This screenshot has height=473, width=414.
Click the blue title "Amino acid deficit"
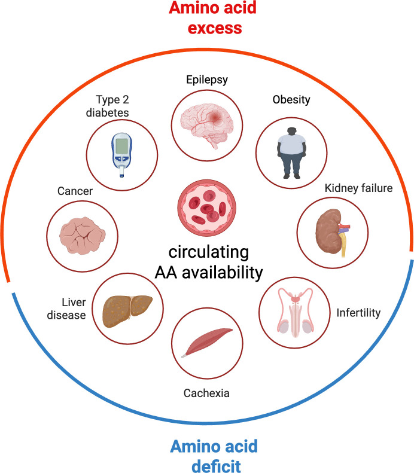[206, 454]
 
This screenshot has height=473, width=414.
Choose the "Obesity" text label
[291, 99]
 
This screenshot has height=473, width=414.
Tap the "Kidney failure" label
[358, 189]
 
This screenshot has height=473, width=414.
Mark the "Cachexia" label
[206, 393]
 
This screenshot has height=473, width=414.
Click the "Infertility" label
[358, 312]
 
